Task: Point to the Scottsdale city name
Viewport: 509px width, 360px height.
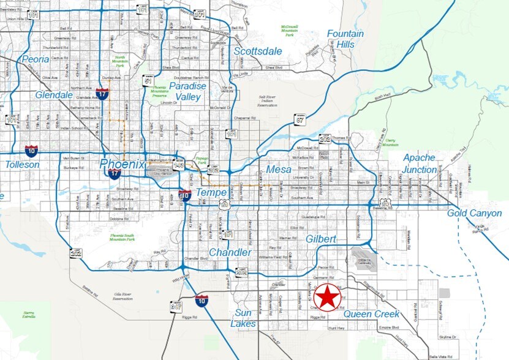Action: (x=258, y=51)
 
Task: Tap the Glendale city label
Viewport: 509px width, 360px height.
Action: (x=54, y=95)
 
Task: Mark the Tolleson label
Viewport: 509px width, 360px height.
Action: (x=22, y=165)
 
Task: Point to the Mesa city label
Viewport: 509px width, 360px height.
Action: (x=279, y=170)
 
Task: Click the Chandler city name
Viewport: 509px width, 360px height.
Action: (x=230, y=252)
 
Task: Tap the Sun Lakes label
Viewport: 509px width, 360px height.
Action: (x=243, y=318)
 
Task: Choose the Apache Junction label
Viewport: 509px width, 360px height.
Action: (x=420, y=163)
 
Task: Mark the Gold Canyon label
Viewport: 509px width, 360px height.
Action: (x=474, y=213)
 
